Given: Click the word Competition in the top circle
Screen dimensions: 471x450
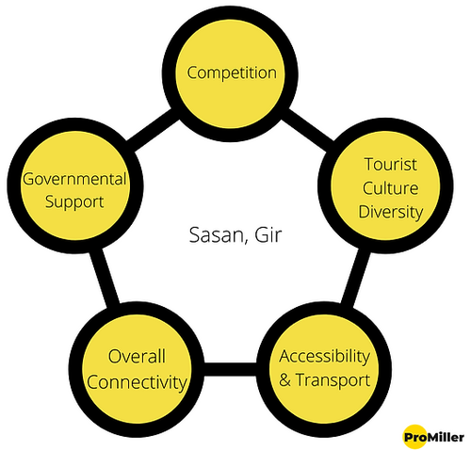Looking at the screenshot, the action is [232, 73].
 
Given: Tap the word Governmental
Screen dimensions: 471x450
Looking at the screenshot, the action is [74, 179].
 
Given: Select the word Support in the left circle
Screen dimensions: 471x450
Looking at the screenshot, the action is [74, 202].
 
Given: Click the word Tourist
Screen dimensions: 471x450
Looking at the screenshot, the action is [391, 165].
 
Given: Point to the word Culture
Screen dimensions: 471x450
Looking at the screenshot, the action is [390, 188].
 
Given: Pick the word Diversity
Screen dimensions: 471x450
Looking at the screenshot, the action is [391, 213].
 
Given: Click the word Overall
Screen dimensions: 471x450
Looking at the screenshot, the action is [137, 357].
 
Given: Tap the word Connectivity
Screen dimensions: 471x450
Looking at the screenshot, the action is [137, 383].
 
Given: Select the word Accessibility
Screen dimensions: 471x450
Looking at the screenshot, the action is [325, 357].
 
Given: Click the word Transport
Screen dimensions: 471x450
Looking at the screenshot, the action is [333, 380].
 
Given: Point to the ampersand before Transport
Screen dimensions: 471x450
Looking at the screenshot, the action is [284, 380].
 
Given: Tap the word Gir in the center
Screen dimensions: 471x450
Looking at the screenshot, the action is [268, 234].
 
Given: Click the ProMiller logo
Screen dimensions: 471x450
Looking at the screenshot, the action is [433, 437].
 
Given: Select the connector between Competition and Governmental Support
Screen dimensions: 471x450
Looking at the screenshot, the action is [153, 130].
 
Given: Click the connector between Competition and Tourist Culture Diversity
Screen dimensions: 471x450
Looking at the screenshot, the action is [307, 130].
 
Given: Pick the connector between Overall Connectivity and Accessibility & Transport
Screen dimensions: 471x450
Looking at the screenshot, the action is [230, 369].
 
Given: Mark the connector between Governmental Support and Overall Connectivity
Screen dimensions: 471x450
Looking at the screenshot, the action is [105, 276].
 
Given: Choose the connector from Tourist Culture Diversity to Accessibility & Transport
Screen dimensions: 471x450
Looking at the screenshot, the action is [355, 278].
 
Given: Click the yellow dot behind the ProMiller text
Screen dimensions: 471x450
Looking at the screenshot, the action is [414, 437].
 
